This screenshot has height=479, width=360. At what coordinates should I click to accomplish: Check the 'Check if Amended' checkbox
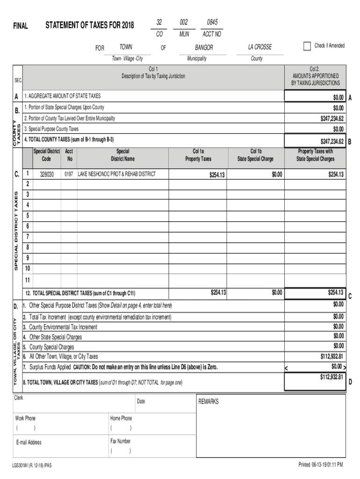click(307, 46)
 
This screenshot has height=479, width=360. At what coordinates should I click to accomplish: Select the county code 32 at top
click(159, 23)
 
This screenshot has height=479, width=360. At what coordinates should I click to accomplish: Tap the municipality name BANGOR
click(204, 48)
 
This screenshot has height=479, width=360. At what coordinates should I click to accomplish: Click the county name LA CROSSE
click(259, 48)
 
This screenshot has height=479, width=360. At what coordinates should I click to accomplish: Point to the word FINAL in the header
click(20, 26)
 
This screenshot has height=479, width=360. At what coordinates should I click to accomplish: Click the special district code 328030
click(47, 174)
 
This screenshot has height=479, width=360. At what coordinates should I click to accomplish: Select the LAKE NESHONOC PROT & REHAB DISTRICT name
click(116, 174)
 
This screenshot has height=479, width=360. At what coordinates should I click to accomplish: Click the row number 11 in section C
click(27, 280)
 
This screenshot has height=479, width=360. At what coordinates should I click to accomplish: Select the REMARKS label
click(209, 402)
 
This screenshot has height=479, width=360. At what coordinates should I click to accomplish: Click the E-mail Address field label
click(28, 443)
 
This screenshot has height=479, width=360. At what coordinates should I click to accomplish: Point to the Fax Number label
click(120, 441)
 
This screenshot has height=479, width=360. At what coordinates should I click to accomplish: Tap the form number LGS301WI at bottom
click(32, 465)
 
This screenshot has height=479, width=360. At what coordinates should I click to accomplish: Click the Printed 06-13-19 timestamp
click(321, 465)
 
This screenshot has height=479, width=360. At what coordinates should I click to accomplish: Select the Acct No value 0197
click(69, 174)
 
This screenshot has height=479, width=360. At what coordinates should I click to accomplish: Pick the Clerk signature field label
click(19, 398)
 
